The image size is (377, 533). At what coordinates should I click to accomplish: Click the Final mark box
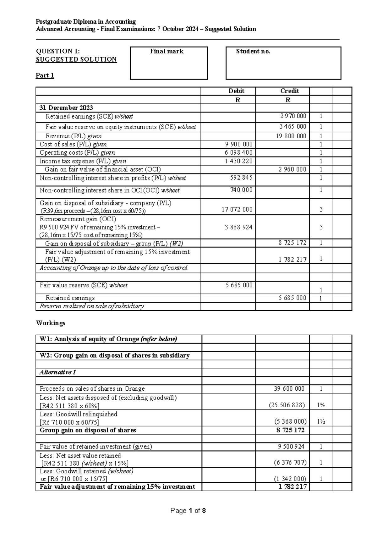169,63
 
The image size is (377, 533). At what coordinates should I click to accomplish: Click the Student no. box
283,63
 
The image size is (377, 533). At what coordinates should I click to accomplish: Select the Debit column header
236,91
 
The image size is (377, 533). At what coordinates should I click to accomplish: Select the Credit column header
289,91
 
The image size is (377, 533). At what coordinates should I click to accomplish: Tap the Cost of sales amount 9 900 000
238,144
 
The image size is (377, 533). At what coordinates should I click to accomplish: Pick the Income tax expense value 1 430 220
238,161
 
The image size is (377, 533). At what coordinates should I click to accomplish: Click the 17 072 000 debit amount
237,209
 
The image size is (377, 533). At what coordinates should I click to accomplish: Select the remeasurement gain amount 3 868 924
238,227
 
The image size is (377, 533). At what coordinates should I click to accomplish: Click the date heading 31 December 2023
66,108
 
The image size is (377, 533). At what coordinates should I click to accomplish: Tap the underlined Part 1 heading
45,75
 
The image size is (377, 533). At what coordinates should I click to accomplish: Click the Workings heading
51,323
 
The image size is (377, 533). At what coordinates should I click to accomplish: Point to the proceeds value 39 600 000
289,389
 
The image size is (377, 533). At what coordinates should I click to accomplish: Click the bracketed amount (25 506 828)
287,405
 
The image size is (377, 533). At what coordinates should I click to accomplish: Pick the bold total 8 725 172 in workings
290,430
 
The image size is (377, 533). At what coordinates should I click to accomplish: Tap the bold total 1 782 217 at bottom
292,487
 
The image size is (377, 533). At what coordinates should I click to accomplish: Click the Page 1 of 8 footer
188,511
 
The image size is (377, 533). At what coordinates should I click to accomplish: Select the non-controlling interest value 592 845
241,178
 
